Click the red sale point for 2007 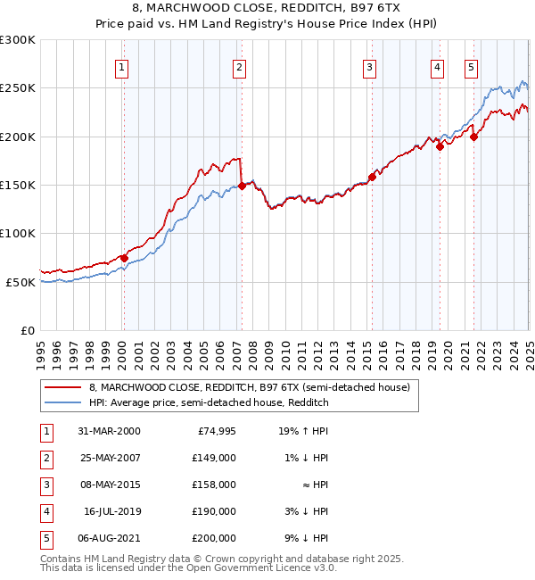[242, 186]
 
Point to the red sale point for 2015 [372, 177]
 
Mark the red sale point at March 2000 [125, 258]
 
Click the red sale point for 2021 [473, 137]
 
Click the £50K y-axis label [21, 282]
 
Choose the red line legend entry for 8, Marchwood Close [249, 387]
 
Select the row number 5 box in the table [45, 538]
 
